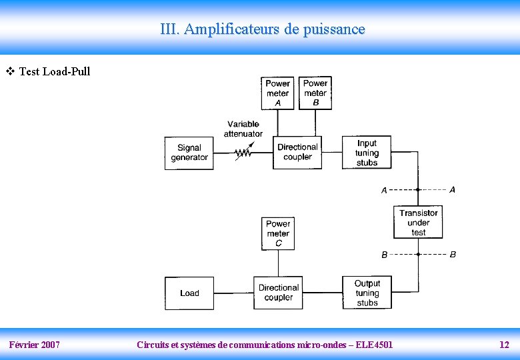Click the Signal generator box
tap(189, 153)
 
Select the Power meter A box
tap(277, 93)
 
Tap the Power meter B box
tap(315, 93)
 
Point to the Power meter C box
tap(278, 233)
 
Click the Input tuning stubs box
tap(367, 153)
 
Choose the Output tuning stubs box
tap(367, 293)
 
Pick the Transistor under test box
tap(418, 223)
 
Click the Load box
tap(189, 293)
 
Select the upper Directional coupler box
tap(297, 153)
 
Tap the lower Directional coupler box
tap(278, 293)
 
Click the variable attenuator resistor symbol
tap(243, 153)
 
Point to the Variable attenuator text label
tap(243, 129)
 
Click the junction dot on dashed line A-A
tap(418, 190)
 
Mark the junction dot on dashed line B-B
tap(418, 254)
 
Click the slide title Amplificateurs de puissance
tap(263, 29)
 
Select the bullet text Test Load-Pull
tap(55, 71)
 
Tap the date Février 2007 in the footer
tap(35, 345)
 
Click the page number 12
tap(504, 345)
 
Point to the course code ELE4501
tap(374, 345)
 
